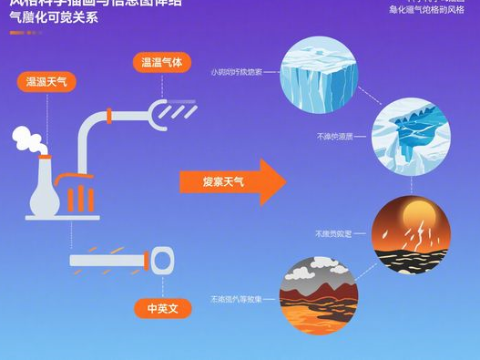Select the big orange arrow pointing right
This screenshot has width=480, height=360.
(x=232, y=182)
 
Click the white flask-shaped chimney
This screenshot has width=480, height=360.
(x=42, y=186)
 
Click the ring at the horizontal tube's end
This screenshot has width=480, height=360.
(x=162, y=262)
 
